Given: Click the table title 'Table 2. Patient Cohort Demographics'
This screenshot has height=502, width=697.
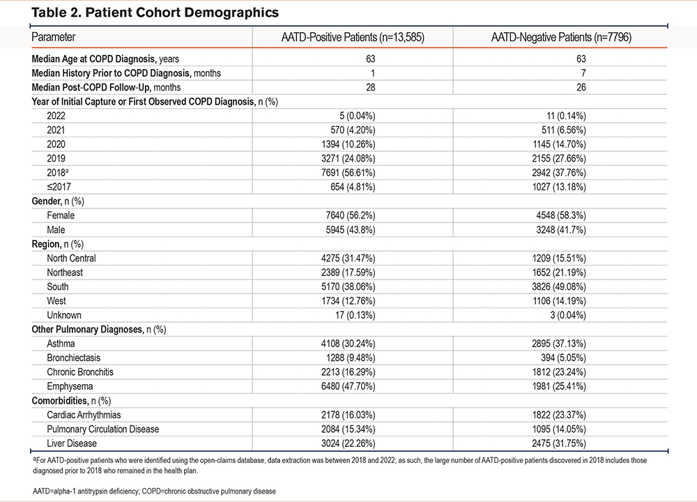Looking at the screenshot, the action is [155, 13].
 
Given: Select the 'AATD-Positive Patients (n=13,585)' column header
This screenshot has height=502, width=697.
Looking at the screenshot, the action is [353, 37].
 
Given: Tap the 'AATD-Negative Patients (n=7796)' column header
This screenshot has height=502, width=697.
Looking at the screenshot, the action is [561, 37].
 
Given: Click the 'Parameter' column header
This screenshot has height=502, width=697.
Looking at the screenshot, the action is [54, 37].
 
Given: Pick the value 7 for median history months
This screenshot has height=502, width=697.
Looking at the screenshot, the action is [583, 73].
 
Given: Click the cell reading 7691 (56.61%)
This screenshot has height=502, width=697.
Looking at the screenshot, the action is [348, 172].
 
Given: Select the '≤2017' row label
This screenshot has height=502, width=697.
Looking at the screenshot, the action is [59, 187].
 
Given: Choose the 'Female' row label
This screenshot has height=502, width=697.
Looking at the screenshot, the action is [61, 215].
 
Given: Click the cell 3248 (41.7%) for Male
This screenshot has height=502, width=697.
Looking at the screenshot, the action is [561, 230].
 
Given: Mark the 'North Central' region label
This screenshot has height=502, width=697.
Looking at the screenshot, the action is [71, 259].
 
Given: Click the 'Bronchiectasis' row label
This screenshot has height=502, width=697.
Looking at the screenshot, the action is [73, 358].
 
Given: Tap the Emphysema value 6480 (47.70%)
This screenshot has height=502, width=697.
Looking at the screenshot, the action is [348, 386].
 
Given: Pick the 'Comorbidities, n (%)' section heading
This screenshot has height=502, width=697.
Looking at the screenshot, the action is [71, 401].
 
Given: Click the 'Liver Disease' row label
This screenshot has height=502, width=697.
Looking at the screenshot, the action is [72, 443].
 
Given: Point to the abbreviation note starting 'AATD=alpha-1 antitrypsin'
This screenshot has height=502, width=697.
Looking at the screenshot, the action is [154, 492].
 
